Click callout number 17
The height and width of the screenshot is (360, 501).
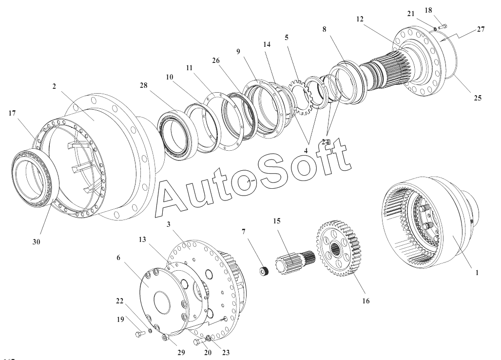point(13,114)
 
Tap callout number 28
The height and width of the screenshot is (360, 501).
point(143,86)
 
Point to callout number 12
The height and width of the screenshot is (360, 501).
point(360,19)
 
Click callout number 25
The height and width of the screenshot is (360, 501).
point(477,98)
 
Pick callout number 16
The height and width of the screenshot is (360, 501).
point(366,301)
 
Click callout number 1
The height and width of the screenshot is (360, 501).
point(477,274)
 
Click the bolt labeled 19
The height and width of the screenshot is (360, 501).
point(139,335)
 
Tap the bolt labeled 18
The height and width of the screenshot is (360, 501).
point(443,27)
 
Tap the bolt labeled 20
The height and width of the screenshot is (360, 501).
point(197,341)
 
